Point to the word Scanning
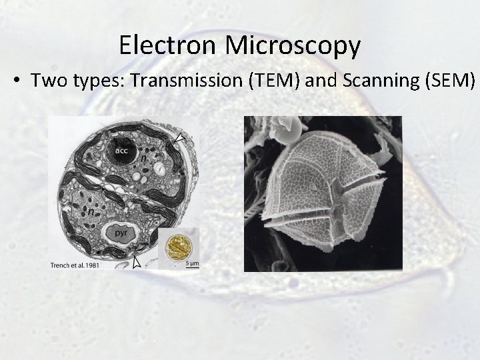(374, 82)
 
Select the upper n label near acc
(142, 160)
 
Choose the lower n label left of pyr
(90, 211)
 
